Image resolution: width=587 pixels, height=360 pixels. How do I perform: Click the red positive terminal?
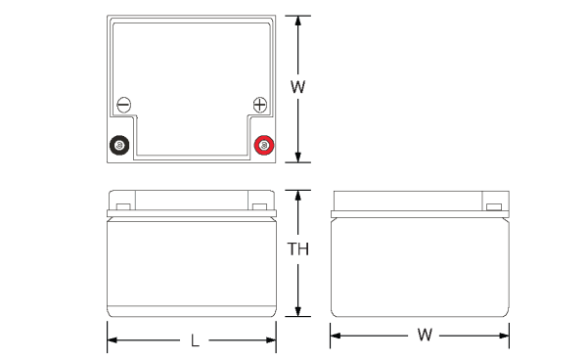[264, 145]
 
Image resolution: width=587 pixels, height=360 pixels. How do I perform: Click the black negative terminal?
[119, 145]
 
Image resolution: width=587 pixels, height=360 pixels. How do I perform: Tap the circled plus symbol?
[260, 105]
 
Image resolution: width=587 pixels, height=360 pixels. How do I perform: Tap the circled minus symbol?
[124, 105]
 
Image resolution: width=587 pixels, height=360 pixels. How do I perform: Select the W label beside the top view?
[298, 87]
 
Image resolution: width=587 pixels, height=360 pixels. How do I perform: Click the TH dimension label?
[298, 248]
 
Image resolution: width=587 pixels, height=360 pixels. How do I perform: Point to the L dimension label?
[195, 340]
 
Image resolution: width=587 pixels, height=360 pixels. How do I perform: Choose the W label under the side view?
[425, 335]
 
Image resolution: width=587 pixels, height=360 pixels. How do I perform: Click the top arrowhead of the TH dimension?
[298, 196]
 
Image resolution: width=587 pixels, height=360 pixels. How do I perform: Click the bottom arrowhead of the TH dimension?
[298, 311]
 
